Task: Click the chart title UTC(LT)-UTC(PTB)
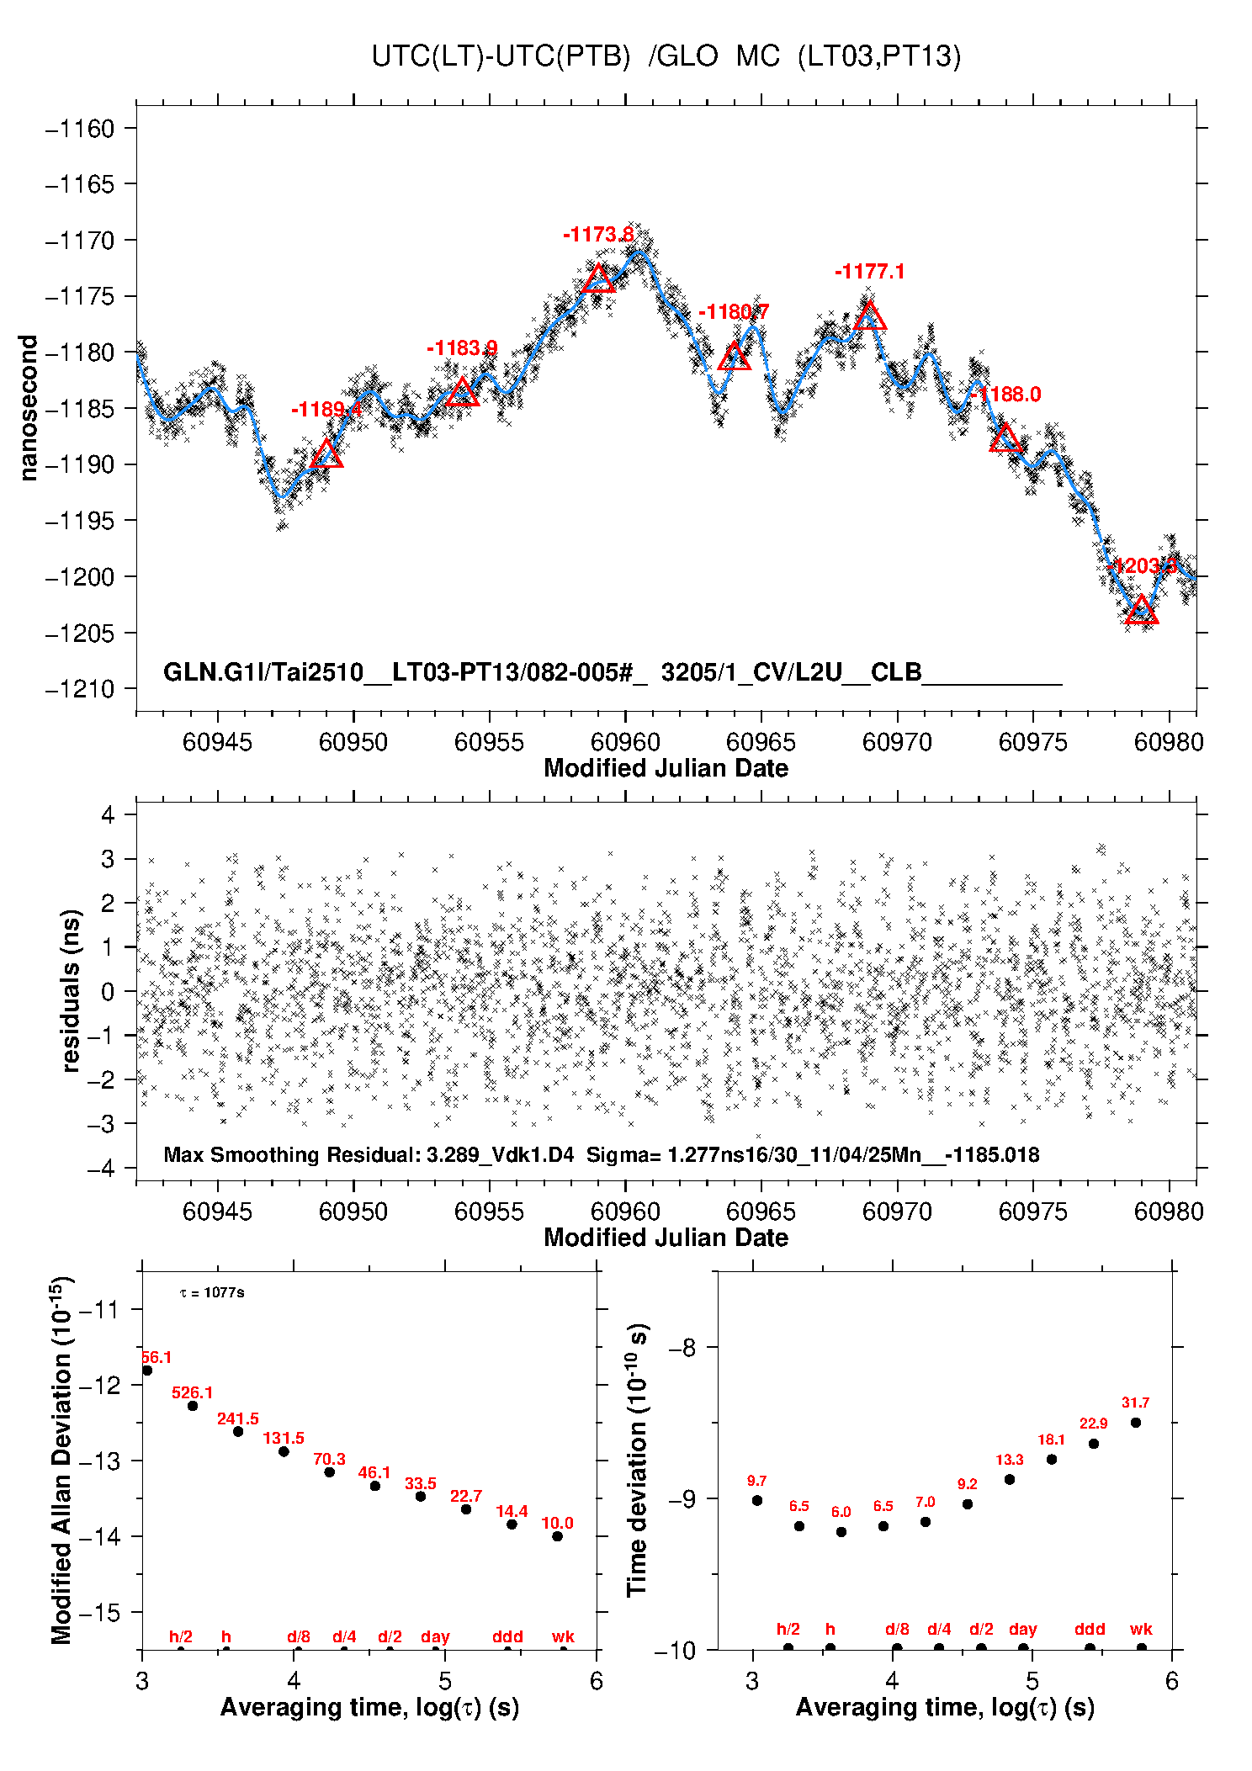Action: click(501, 56)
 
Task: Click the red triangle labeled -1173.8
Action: click(598, 279)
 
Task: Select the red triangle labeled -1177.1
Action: click(870, 316)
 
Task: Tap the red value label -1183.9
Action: click(461, 348)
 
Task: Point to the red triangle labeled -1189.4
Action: click(326, 455)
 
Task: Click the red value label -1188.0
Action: click(1005, 395)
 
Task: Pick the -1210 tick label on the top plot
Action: click(80, 689)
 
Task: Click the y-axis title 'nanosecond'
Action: click(29, 408)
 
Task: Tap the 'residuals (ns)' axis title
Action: click(72, 990)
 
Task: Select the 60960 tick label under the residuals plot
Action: click(625, 1212)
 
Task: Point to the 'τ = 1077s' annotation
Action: click(212, 1292)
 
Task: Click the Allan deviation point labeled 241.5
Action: click(238, 1431)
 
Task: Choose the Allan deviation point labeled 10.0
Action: click(557, 1536)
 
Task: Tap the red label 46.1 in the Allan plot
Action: click(374, 1472)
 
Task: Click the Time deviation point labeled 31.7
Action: click(1135, 1423)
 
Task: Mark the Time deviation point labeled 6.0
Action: click(841, 1532)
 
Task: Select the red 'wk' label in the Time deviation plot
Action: click(1141, 1629)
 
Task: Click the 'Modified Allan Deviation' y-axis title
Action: click(61, 1460)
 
